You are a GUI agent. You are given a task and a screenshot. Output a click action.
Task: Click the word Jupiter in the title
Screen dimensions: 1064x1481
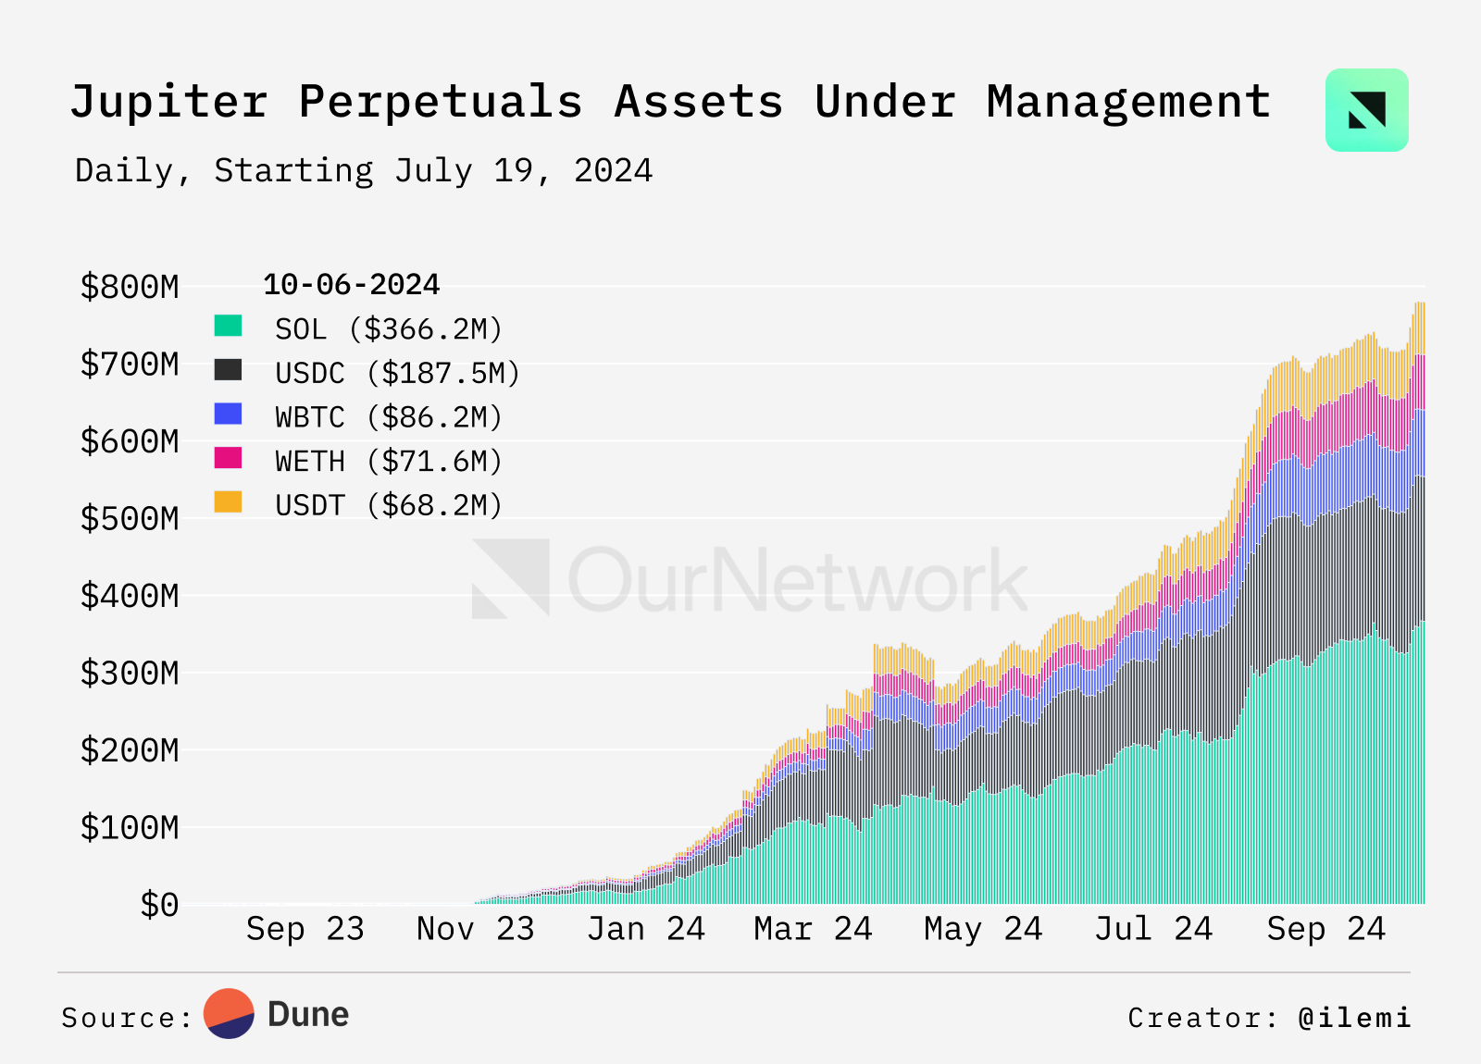coord(168,102)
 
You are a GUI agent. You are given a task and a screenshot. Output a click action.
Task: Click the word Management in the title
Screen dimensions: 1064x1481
coord(1128,102)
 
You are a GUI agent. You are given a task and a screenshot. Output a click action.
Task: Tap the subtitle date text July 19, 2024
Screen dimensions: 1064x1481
coord(523,171)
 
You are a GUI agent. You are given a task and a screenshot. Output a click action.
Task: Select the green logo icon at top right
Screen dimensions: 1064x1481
coord(1366,110)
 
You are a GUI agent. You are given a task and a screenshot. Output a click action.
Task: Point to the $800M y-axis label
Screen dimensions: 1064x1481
coord(130,287)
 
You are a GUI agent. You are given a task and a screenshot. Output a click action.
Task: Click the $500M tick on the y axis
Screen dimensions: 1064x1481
coord(130,519)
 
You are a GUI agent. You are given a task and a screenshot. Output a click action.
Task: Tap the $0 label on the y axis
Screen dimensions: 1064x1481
coord(159,905)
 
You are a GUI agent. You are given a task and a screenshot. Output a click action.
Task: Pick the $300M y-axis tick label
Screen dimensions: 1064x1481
coord(130,674)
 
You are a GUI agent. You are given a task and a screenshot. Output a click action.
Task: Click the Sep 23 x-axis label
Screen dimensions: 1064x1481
coord(305,929)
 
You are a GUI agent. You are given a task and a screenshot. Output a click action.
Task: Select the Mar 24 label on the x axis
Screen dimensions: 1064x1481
coord(813,929)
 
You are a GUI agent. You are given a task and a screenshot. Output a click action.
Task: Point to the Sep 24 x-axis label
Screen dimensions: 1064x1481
coord(1325,929)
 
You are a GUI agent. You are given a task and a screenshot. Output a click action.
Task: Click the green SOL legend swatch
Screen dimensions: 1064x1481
coord(228,326)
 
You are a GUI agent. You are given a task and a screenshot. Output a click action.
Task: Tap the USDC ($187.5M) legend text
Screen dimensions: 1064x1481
coord(398,374)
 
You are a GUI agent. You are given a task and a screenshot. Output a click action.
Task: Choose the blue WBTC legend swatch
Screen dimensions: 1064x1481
coord(228,414)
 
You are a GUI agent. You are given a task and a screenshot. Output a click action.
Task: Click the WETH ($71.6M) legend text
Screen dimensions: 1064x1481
coord(389,462)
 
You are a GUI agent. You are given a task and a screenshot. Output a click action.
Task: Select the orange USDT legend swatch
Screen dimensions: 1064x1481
coord(228,502)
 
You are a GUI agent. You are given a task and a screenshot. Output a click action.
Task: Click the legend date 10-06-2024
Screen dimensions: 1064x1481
coord(351,285)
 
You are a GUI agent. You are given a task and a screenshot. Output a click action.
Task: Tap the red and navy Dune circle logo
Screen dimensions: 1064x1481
coord(229,1014)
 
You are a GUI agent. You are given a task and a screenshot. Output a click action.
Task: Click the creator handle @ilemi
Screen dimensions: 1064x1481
coord(1354,1018)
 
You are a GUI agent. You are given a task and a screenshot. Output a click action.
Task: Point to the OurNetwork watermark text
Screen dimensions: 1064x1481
coord(796,580)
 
